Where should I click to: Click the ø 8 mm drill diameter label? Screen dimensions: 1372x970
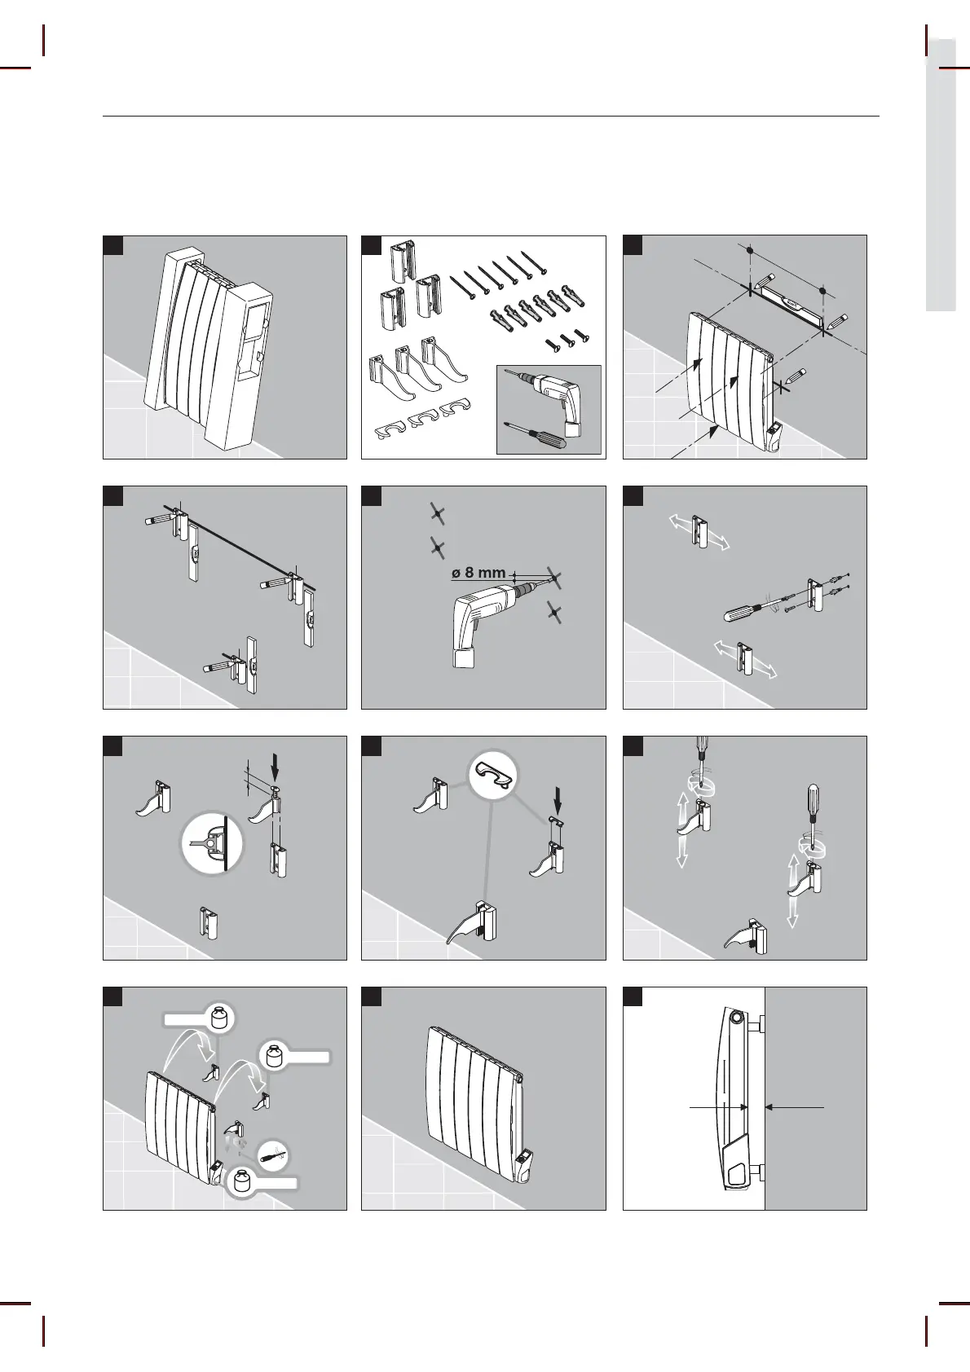click(x=478, y=573)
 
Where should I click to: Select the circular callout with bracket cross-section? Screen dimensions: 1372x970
click(x=212, y=843)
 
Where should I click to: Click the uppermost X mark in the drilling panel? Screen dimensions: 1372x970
click(x=438, y=513)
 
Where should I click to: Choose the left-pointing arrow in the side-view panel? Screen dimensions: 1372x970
click(x=795, y=1107)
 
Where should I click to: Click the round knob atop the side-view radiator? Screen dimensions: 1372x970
click(x=736, y=1019)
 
